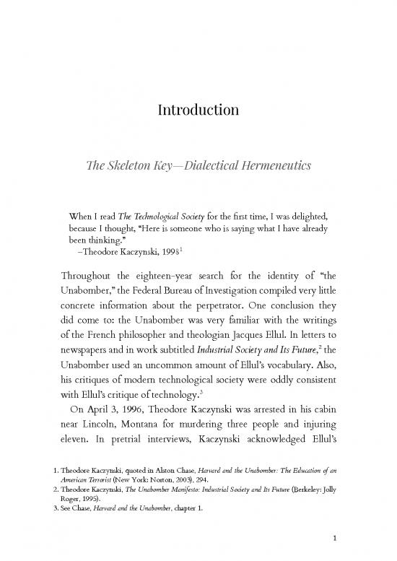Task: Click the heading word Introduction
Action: coord(198,110)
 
